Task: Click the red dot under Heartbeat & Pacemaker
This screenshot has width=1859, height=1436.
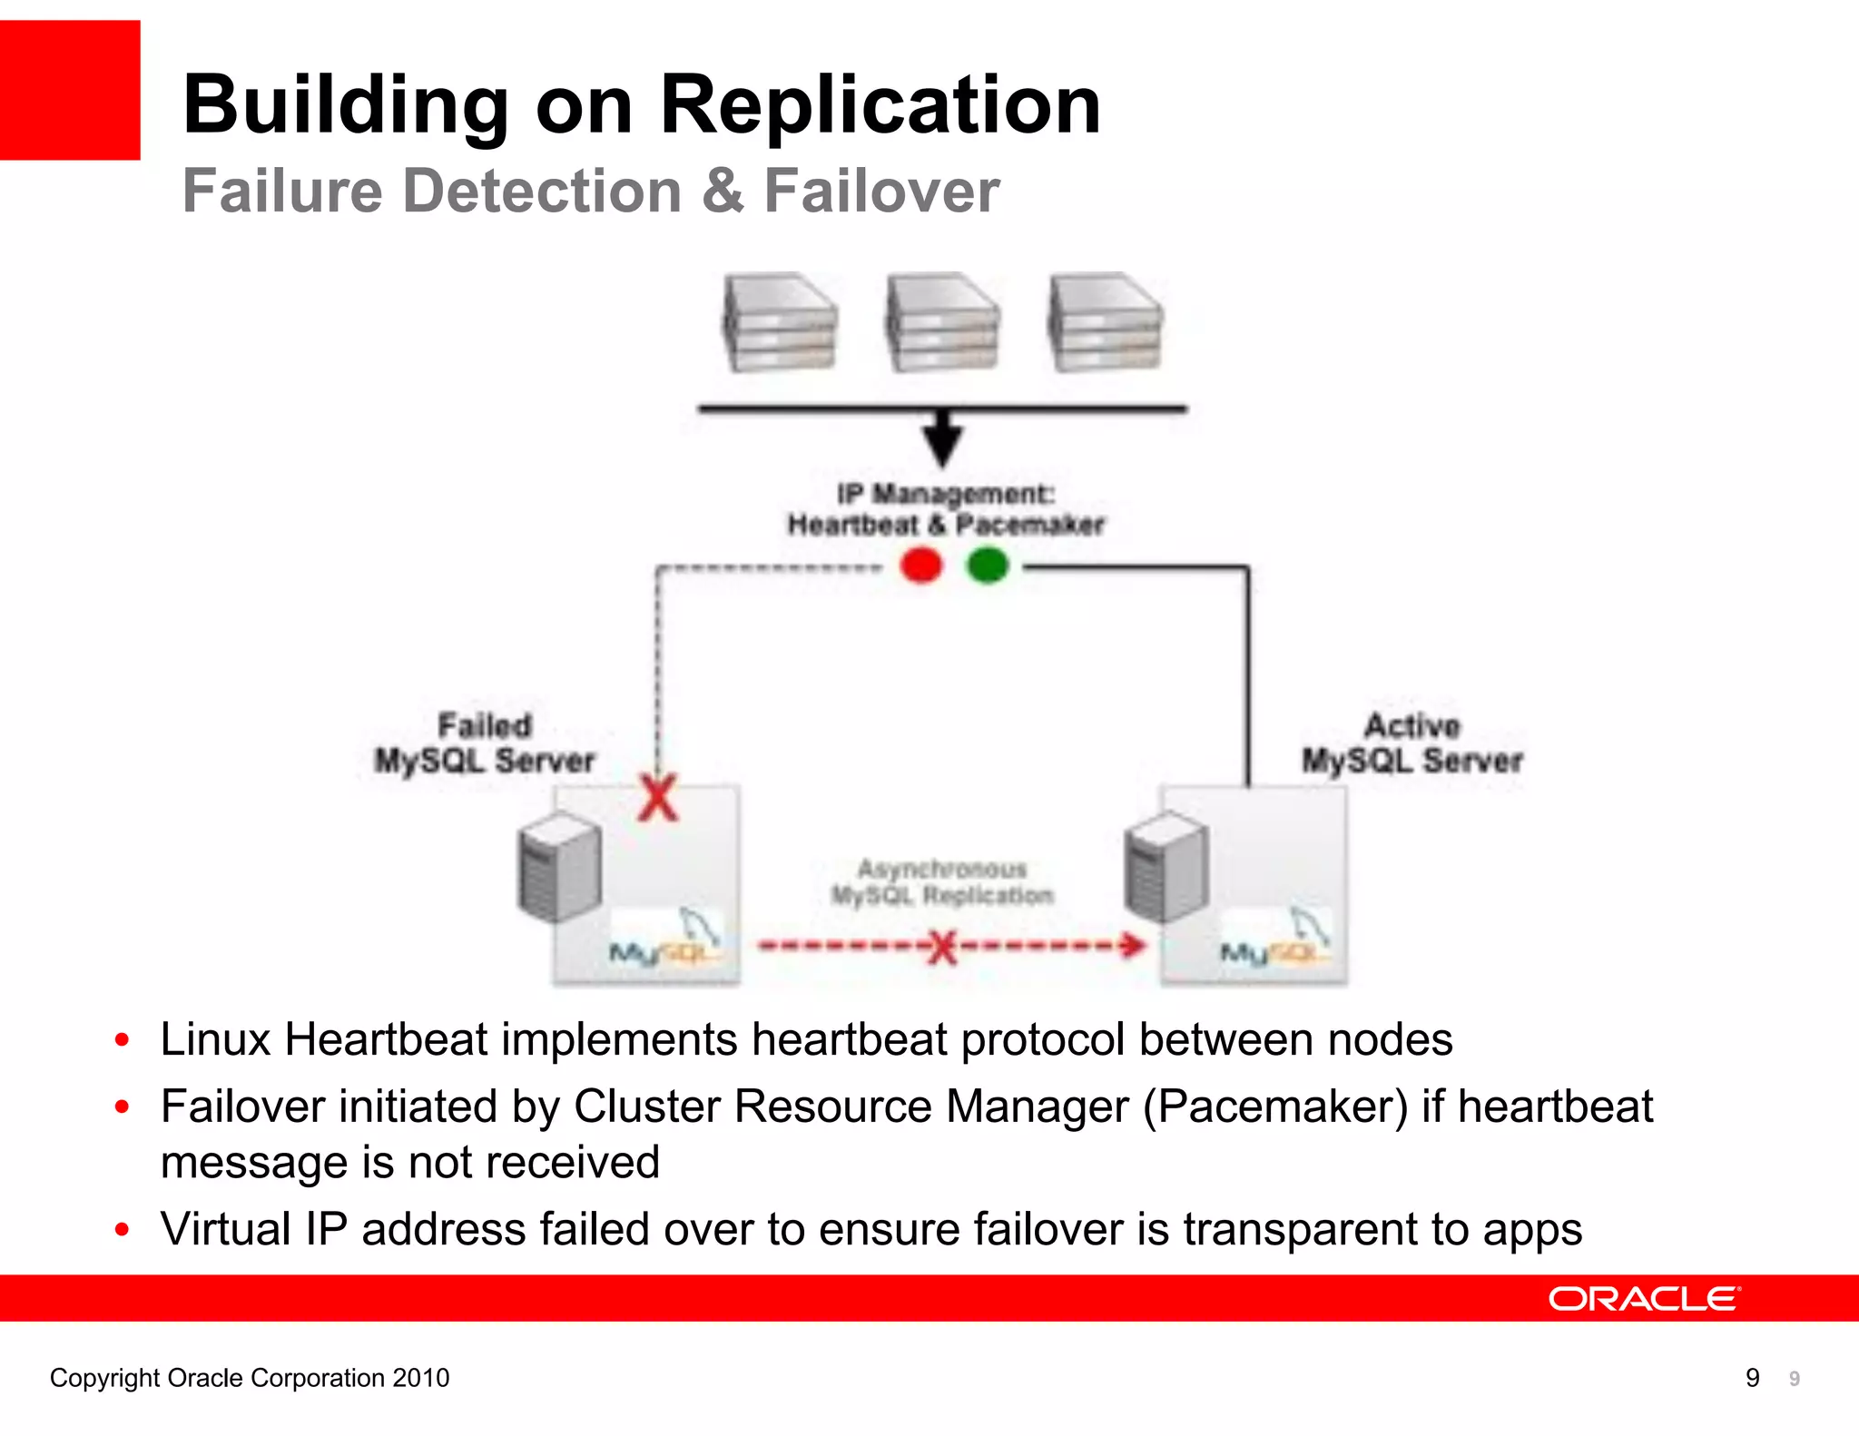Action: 921,566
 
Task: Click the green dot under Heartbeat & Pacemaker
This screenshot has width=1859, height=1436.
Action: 988,566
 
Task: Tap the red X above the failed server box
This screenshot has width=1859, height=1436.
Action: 658,799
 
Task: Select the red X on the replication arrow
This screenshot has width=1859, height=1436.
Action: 943,948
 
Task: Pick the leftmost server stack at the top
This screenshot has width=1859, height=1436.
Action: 780,322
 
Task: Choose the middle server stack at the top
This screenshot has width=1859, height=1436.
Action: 943,322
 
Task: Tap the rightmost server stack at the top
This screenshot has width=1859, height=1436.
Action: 1105,322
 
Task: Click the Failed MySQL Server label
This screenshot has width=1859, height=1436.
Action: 485,743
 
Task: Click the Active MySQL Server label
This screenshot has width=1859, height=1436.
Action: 1411,743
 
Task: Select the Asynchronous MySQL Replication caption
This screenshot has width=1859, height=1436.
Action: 942,882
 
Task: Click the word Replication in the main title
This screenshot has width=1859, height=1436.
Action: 880,105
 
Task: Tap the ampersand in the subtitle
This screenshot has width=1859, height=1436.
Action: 723,192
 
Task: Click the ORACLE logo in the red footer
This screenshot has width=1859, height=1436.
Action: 1644,1299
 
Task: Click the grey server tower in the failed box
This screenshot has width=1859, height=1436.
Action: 560,866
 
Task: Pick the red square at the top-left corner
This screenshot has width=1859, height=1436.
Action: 70,90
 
